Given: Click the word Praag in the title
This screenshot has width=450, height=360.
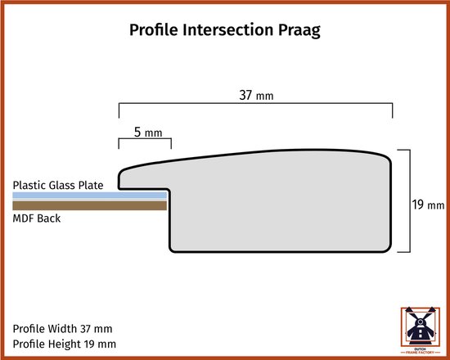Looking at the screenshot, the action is coord(299,29).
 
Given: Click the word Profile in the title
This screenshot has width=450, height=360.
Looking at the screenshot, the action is coord(154,29).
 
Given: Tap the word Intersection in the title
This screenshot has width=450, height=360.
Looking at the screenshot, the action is coord(228,29).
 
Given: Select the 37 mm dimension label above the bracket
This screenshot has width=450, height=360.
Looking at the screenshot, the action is coord(256,95).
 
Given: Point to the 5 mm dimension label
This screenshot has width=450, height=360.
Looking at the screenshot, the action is coord(148,133).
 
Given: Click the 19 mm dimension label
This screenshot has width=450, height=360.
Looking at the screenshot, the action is coord(428,205).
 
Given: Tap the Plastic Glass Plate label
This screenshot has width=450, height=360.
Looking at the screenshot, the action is coord(58,185).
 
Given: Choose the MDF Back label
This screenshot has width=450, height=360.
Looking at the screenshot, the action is coord(37,218).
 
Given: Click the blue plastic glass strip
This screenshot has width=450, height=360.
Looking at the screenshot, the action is coord(89,196).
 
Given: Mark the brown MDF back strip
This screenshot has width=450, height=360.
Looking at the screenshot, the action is coord(89,205).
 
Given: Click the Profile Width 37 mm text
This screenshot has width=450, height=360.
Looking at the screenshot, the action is coord(62,329).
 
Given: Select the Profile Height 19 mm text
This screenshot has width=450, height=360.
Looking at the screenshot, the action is coord(65,344).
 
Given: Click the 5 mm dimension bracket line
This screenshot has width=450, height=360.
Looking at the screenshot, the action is coord(145,139).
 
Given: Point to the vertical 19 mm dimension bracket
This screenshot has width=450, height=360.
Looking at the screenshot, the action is coord(410,201).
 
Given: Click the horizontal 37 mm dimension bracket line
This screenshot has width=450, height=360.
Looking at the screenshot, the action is coord(256,102).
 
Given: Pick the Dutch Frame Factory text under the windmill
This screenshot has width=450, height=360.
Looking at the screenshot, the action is coord(421,350).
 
